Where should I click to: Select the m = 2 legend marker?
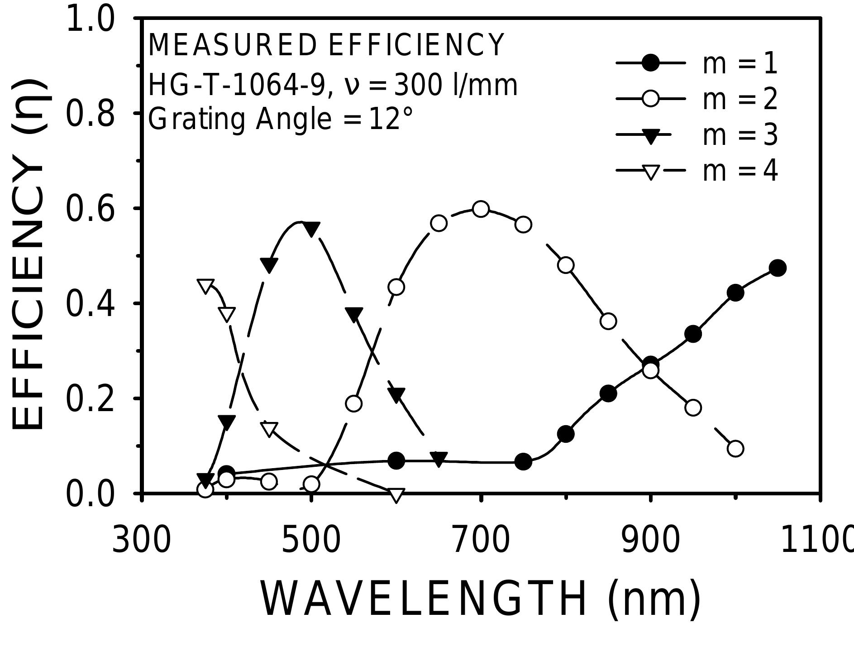tap(650, 99)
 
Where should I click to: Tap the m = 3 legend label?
tap(740, 135)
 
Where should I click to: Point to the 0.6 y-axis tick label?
tap(90, 209)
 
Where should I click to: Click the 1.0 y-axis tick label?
tap(90, 20)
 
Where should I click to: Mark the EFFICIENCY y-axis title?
tap(28, 254)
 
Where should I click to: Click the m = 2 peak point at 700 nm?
tap(481, 209)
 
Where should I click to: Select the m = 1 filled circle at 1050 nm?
tap(778, 268)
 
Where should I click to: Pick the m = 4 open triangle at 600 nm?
tap(396, 494)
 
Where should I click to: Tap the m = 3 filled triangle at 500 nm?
tap(311, 229)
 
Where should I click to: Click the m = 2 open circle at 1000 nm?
tap(735, 448)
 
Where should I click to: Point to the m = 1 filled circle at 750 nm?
tap(523, 461)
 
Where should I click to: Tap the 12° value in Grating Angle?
tap(390, 120)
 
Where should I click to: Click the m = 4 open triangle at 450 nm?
tap(269, 428)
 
